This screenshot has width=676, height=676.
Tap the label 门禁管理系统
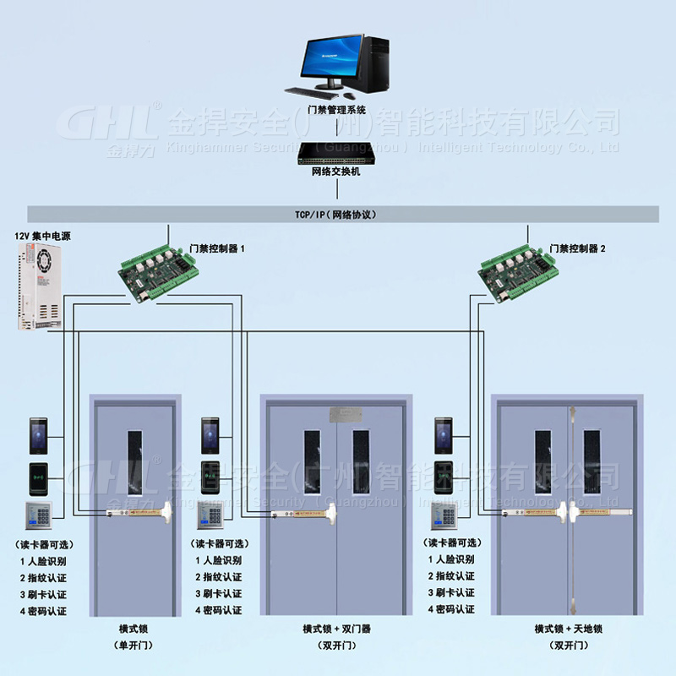point(336,110)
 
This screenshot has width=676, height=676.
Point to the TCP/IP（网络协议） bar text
point(336,215)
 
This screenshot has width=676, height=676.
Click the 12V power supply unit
point(38,286)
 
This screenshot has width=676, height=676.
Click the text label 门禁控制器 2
point(577,249)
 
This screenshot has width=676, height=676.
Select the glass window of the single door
point(135,461)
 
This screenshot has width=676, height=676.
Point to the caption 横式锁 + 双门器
point(336,629)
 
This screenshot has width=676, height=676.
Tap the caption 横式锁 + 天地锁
point(567,629)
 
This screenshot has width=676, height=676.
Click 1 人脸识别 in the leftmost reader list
point(44,560)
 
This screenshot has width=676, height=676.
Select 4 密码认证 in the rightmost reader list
point(450,609)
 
